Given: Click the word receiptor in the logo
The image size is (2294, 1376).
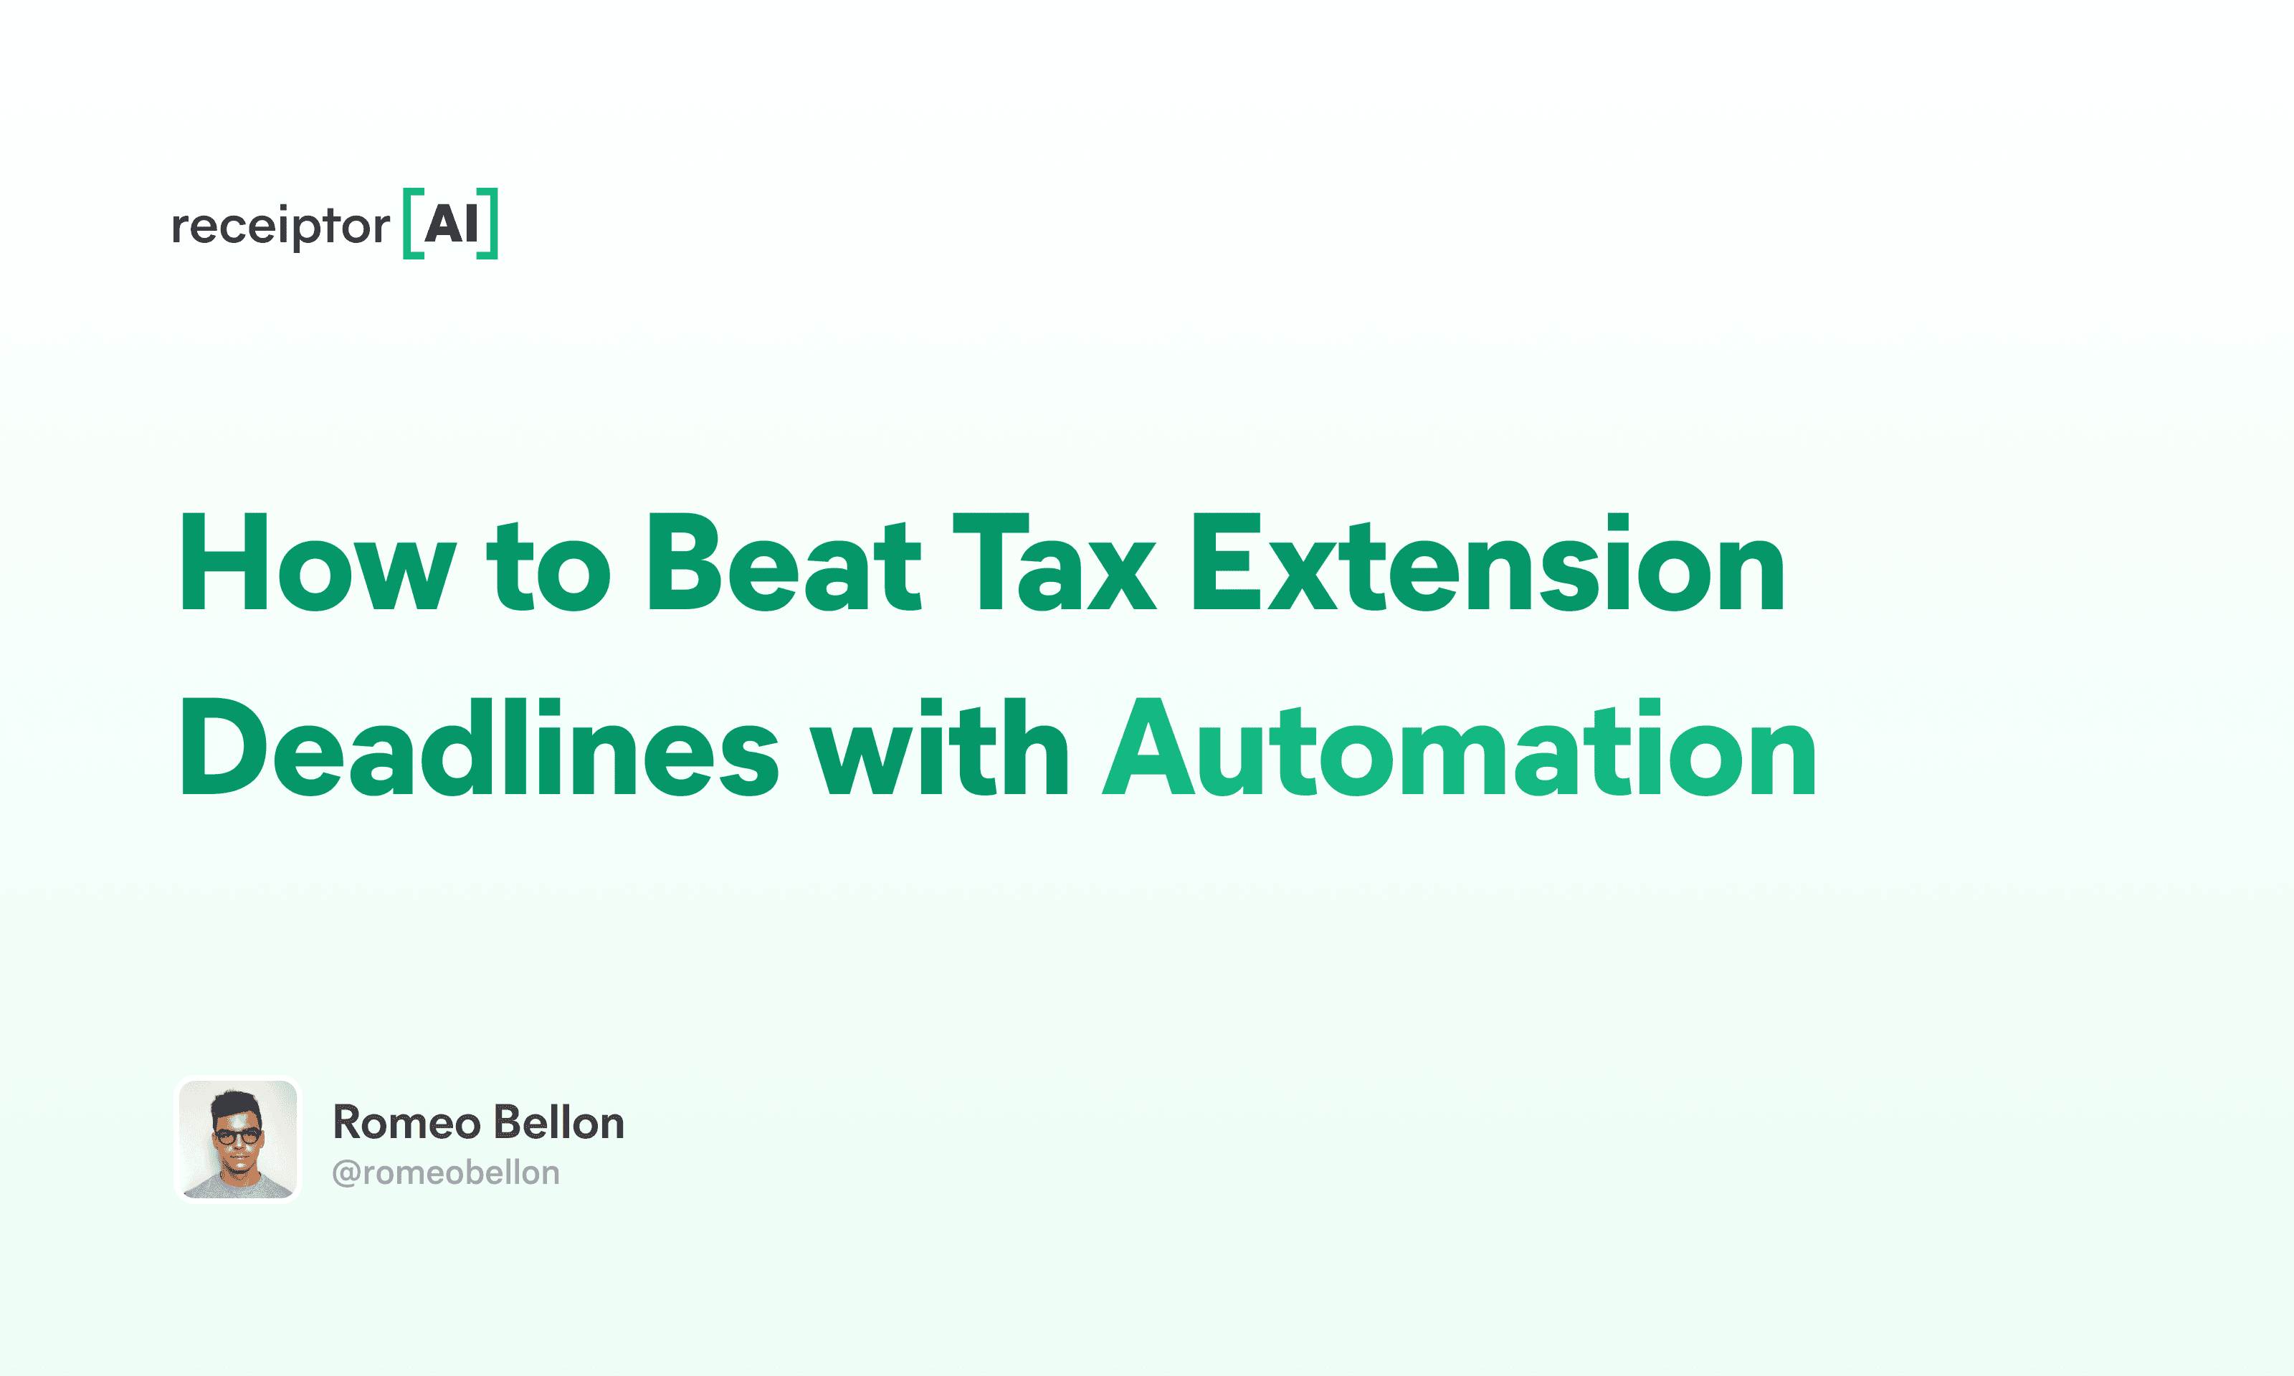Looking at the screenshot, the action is pos(281,225).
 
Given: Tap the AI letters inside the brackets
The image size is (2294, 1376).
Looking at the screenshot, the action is pos(452,224).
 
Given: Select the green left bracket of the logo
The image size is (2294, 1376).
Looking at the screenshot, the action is pos(413,224).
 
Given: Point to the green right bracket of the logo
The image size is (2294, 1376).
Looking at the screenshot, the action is pos(487,224).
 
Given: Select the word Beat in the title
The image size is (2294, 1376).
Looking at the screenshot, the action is pos(784,563).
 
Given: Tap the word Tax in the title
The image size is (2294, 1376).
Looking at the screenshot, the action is pos(1055,563).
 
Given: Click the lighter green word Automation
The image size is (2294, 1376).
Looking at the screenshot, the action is pos(1459,747).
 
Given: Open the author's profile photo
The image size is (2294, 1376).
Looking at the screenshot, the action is pos(238,1139).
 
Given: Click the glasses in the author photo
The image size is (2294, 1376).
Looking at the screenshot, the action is pos(238,1135).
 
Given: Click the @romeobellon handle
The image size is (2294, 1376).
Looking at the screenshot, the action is pos(446,1173).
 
